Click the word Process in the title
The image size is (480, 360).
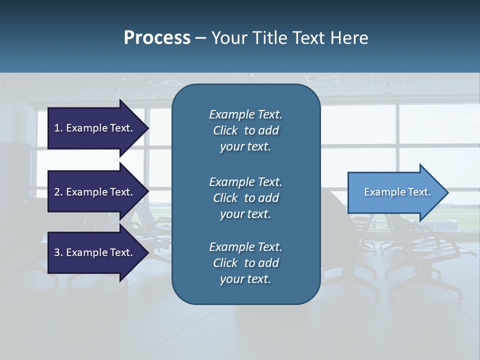coord(157,38)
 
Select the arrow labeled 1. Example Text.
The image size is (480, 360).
coord(95,128)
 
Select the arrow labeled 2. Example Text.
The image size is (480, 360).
coord(95,192)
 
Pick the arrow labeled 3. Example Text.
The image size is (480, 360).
coord(95,252)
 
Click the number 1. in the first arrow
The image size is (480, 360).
coord(58,128)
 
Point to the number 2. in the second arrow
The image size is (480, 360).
coord(58,192)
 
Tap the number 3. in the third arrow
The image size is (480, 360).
coord(58,252)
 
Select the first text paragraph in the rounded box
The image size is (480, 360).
coord(245,130)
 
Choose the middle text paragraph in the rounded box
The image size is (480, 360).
coord(245,198)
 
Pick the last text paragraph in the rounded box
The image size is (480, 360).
coord(245,263)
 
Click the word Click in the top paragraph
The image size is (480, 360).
coord(225,130)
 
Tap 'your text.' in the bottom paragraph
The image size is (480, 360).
coord(245,279)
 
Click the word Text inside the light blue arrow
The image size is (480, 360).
coord(419,192)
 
